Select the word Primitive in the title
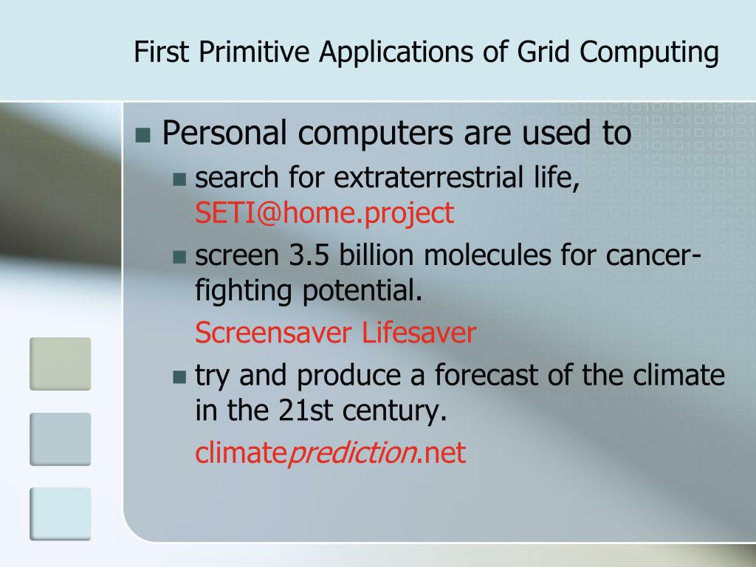coord(254,52)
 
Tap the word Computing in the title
coord(649,52)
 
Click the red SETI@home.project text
coord(325,213)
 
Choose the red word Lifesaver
coord(419,333)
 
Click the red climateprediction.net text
coord(330,453)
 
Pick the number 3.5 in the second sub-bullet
coord(309,255)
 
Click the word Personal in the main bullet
coord(224,133)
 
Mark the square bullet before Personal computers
coord(143,136)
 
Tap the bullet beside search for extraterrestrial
coord(179,179)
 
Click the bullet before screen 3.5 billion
coord(179,257)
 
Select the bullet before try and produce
coord(179,377)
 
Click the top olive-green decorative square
coord(61,364)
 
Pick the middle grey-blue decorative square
coord(61,439)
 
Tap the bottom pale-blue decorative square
coord(61,514)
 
